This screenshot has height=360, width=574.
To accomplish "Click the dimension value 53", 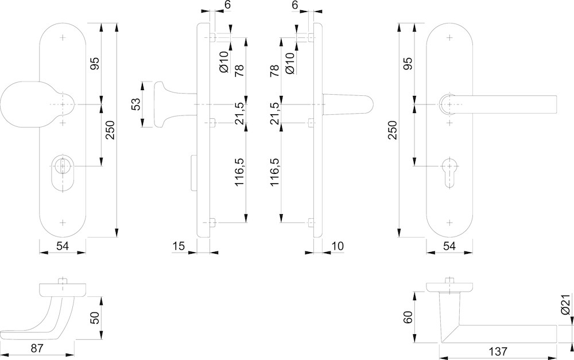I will pyautogui.click(x=135, y=104).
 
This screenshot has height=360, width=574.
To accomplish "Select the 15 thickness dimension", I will pyautogui.click(x=179, y=246).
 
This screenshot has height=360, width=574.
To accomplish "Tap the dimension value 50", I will pyautogui.click(x=95, y=318).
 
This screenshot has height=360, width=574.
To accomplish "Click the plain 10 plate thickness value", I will pyautogui.click(x=338, y=246).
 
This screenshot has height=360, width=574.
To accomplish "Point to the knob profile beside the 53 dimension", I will pyautogui.click(x=164, y=104).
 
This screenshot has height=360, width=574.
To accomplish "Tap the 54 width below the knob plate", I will pyautogui.click(x=63, y=246).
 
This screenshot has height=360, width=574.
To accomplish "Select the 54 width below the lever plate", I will pyautogui.click(x=449, y=246).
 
